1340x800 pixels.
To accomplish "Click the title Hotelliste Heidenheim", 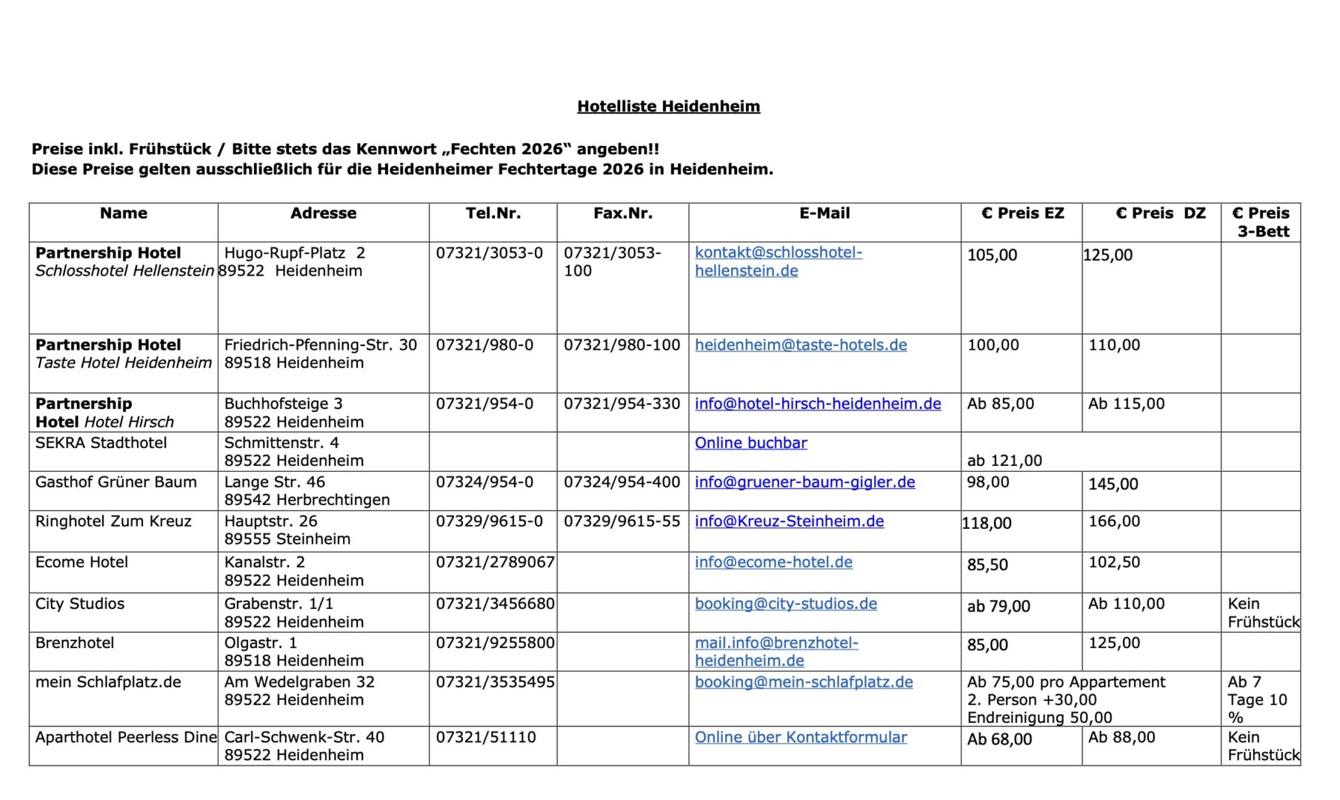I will click(668, 106).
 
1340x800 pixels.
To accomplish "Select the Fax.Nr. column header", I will click(622, 213).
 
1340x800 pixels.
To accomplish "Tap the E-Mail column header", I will click(824, 213).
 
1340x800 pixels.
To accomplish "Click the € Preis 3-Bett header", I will click(1261, 222).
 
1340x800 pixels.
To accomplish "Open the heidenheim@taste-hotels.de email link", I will click(800, 345).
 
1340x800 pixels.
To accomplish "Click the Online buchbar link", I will click(750, 443).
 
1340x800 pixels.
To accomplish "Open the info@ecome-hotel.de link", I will click(773, 562).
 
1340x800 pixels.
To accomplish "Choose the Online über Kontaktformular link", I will click(800, 737).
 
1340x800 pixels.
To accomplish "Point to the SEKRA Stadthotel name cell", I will click(101, 443).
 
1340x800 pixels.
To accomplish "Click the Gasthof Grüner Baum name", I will click(116, 482).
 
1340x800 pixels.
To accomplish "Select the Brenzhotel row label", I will click(75, 643).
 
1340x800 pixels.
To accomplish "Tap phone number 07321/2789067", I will click(495, 562).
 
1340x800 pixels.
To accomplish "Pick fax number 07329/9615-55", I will click(621, 521).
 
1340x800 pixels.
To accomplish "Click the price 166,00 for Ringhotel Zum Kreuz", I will click(1114, 521).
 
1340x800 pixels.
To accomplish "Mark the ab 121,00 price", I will click(1004, 461).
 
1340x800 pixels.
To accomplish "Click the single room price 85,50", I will click(987, 564).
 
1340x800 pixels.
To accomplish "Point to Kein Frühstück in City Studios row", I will click(1262, 613).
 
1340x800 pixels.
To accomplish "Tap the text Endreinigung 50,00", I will click(1039, 718).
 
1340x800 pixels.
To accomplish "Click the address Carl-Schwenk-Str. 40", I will click(304, 737).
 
